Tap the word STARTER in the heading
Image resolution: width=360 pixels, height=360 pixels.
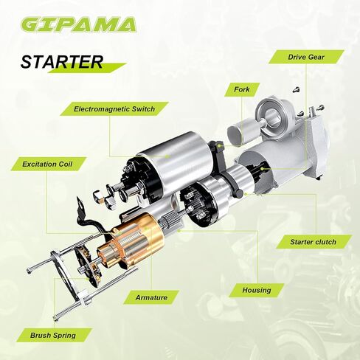coord(61,62)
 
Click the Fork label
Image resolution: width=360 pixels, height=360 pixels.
coord(243,89)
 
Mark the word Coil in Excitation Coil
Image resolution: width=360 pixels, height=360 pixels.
coord(68,163)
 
